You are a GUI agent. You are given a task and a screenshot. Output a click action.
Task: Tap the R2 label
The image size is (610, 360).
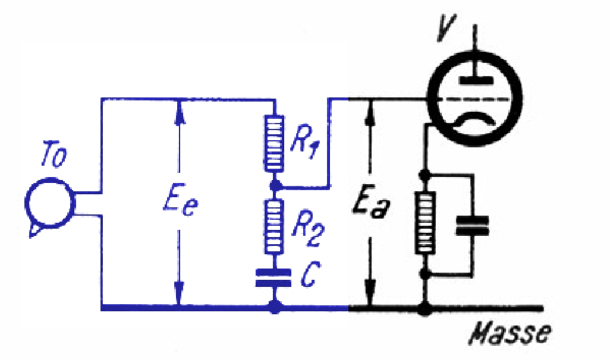[307, 229]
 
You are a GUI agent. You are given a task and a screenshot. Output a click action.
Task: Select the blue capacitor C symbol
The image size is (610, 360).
[273, 277]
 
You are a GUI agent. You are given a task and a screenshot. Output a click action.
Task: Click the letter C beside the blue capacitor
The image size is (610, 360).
[310, 274]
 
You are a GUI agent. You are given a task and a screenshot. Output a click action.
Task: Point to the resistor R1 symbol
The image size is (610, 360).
[274, 143]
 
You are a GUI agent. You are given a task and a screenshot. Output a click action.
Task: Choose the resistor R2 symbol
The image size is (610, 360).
[274, 227]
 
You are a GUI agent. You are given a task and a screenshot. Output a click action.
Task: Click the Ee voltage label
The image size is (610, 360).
[181, 203]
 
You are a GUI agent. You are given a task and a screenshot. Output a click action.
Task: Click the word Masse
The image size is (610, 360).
[510, 333]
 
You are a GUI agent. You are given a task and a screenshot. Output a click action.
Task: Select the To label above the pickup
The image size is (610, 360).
[54, 156]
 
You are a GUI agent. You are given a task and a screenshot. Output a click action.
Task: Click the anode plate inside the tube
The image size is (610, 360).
[476, 80]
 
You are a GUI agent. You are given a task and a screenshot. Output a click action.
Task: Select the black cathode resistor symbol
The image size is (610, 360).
[425, 223]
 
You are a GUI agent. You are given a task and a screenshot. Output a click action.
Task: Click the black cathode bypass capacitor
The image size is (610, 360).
[472, 226]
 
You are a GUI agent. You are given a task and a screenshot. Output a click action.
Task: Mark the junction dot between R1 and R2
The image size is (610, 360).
[275, 186]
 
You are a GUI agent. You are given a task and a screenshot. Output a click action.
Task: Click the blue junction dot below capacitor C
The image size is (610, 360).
[275, 308]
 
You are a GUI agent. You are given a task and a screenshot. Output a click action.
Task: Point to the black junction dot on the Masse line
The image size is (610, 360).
[425, 309]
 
